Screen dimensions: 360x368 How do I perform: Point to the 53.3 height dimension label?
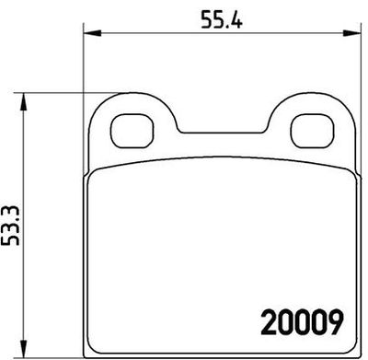[12, 226]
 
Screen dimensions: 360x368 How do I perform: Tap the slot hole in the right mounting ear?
[311, 129]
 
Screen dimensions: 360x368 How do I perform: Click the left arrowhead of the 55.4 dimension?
[89, 35]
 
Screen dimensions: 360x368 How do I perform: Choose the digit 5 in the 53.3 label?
[12, 242]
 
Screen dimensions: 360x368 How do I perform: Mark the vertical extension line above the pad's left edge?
[84, 64]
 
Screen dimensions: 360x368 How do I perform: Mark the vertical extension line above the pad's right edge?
[358, 64]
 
